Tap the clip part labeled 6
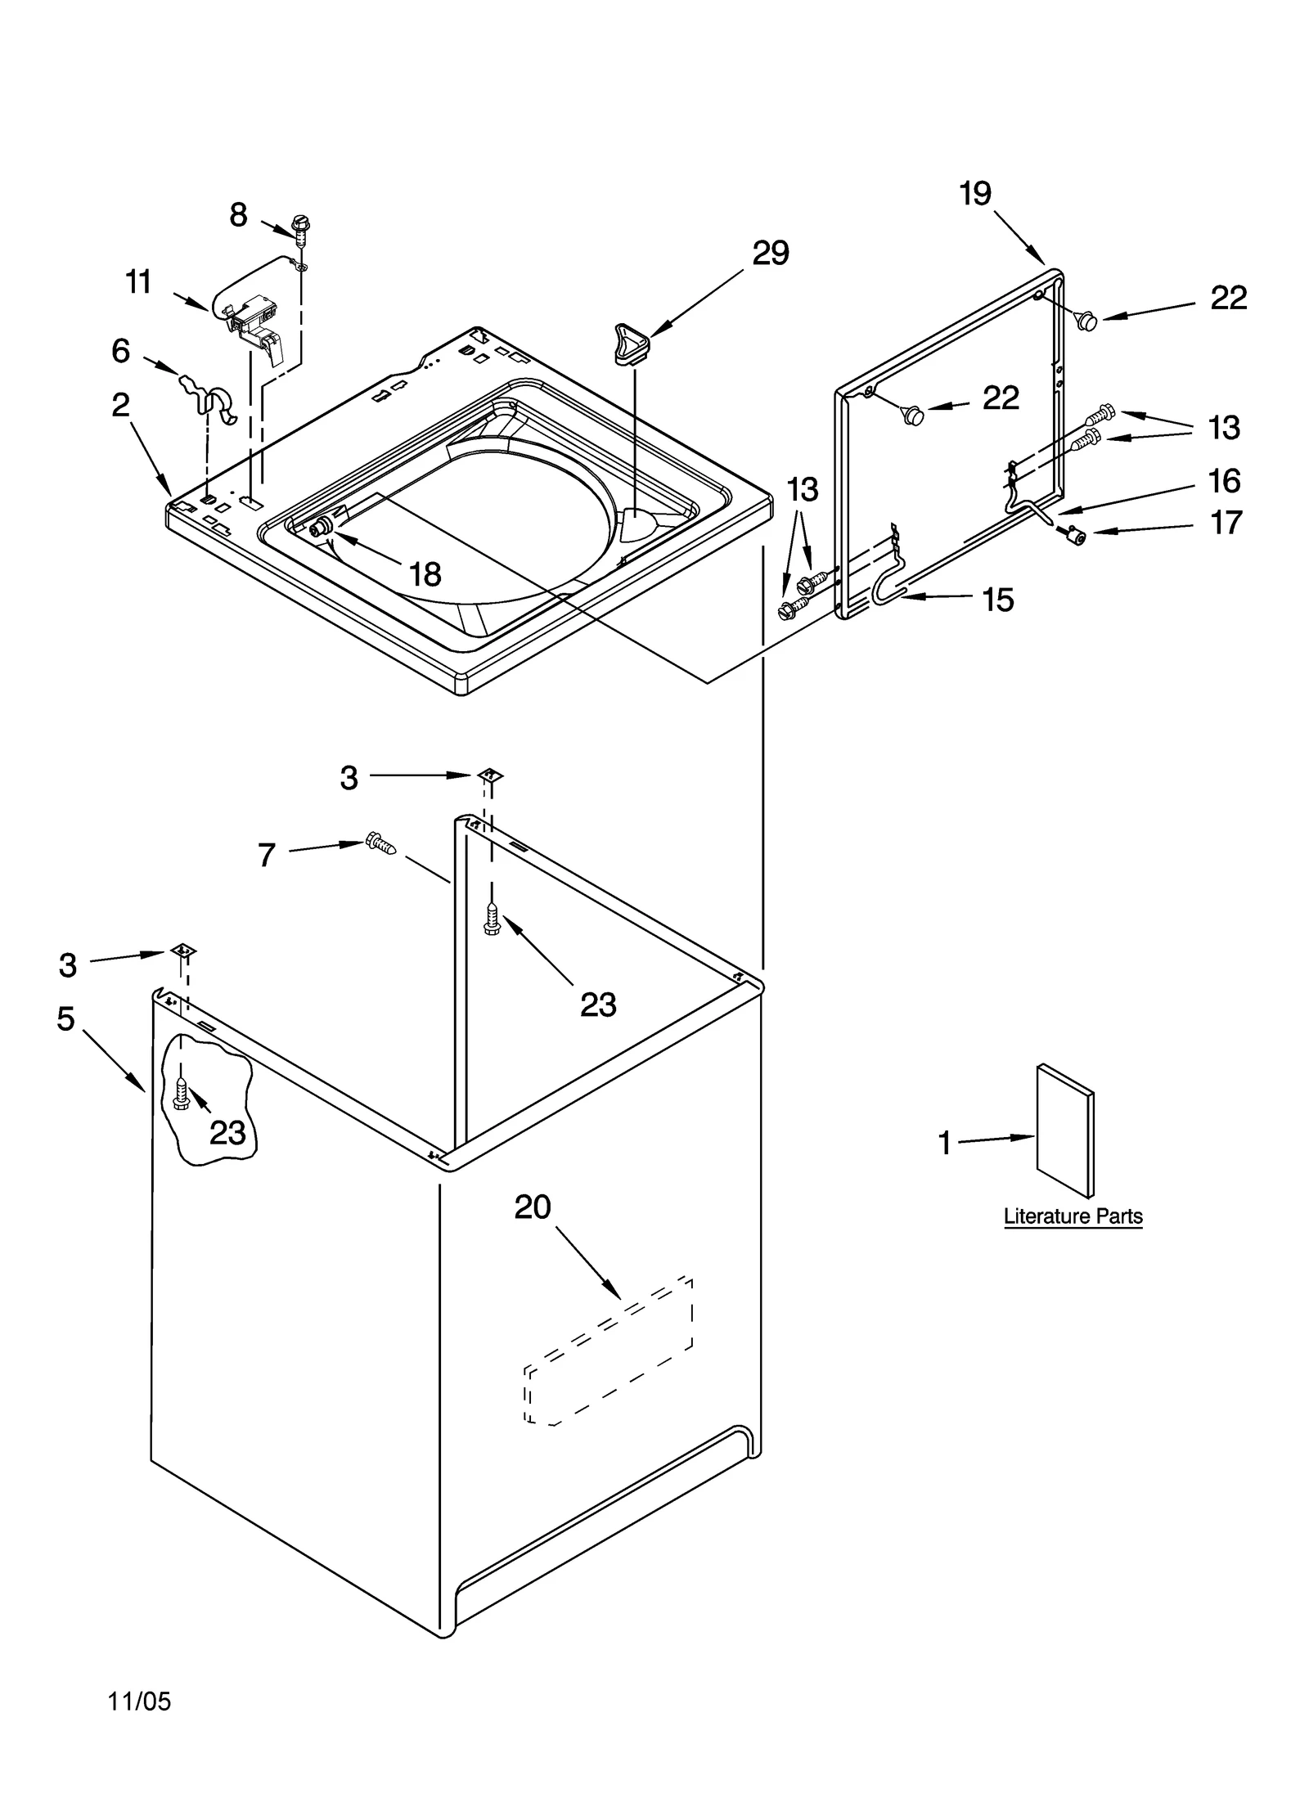211,398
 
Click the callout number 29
770,254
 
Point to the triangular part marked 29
631,342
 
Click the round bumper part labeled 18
322,526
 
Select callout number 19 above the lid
975,194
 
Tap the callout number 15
997,600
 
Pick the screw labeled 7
380,843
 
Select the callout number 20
533,1207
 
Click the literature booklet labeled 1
1064,1131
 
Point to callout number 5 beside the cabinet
65,1019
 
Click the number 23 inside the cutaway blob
227,1133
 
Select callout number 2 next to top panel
121,405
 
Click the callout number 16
1224,481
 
